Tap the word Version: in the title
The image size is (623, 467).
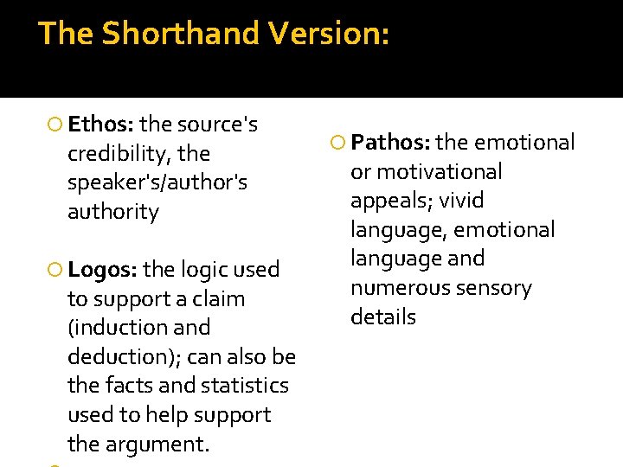(x=329, y=34)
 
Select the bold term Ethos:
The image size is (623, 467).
(x=100, y=125)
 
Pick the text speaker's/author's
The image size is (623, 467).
(x=157, y=182)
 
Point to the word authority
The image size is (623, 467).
(x=113, y=212)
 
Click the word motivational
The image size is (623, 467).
(x=439, y=172)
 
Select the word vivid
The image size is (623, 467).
(x=461, y=201)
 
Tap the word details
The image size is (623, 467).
(x=383, y=317)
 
